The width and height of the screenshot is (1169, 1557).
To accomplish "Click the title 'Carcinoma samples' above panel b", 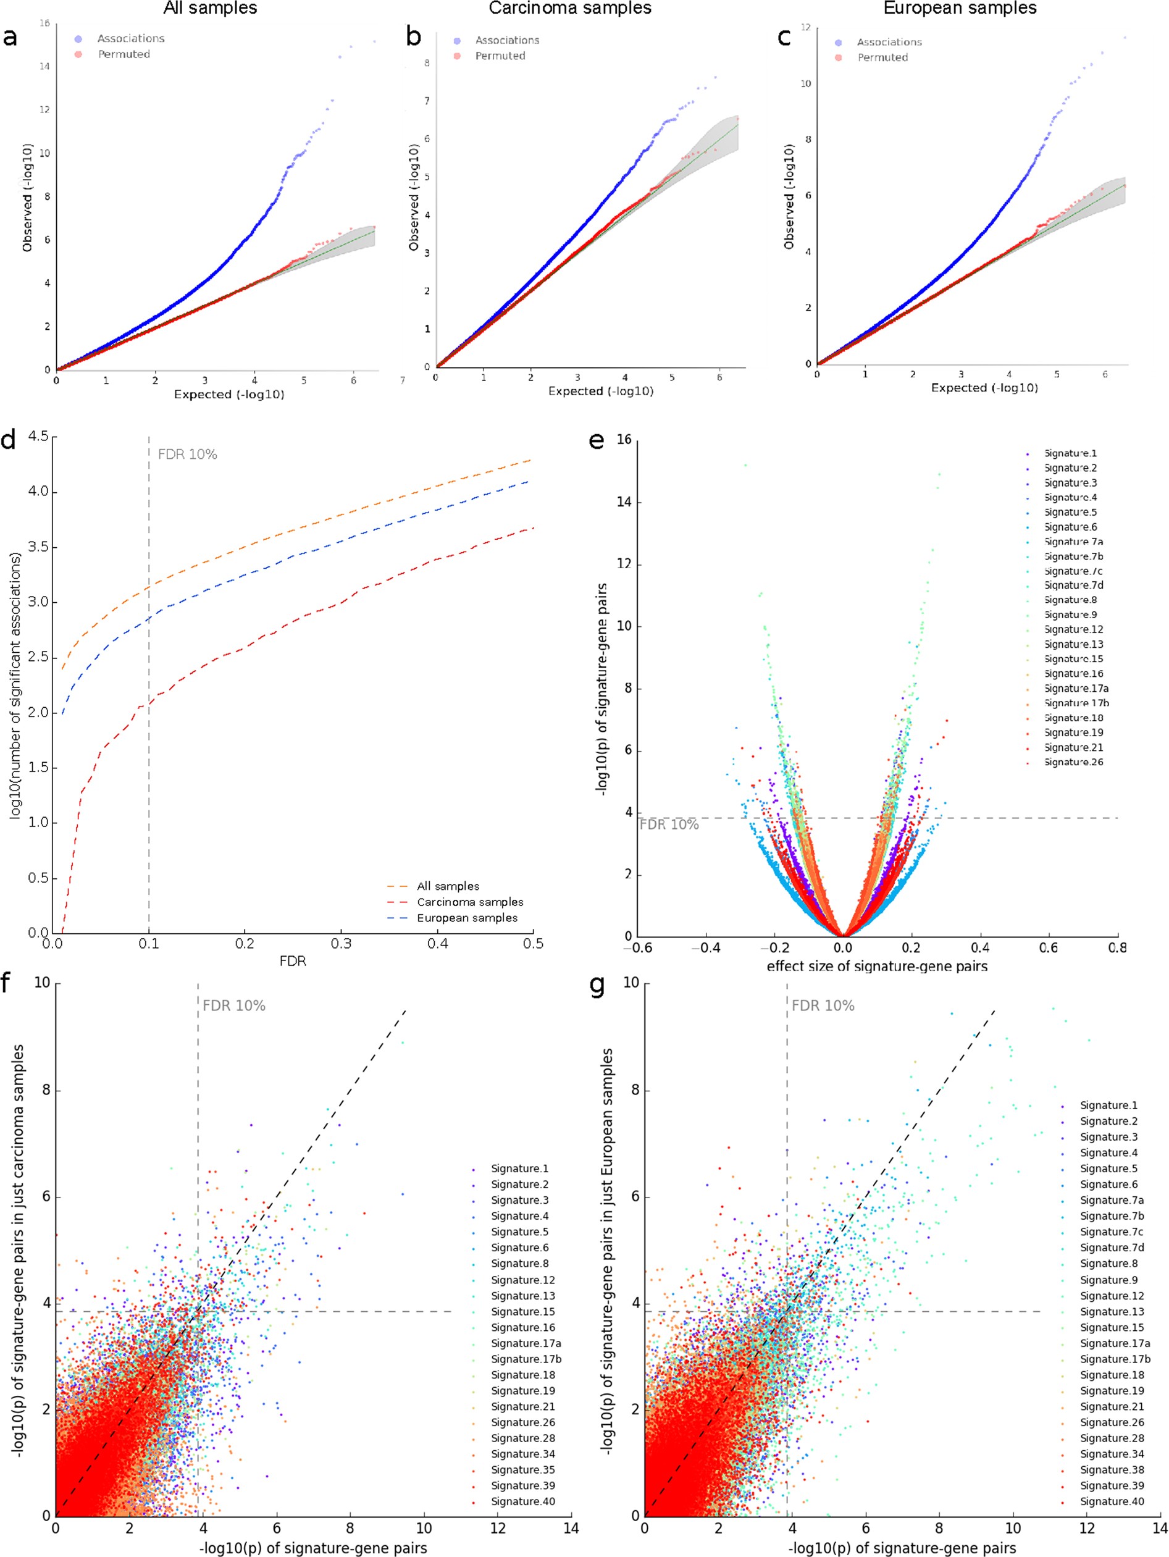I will point(570,9).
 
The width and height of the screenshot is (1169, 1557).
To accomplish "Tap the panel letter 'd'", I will point(9,442).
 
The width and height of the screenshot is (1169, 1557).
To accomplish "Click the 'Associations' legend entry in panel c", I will point(889,42).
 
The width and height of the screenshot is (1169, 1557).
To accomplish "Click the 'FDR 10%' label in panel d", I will point(187,455).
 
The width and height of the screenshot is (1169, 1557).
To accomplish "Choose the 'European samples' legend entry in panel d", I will point(467,918).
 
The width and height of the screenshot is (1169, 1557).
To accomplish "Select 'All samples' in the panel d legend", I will point(448,886).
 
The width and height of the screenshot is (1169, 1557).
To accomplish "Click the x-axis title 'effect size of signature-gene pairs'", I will point(877,967).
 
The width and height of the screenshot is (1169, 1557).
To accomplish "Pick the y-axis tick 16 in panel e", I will point(623,440).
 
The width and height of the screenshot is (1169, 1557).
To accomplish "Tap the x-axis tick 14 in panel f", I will point(571,1527).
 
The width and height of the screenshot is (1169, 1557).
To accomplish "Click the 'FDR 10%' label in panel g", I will point(823,1006).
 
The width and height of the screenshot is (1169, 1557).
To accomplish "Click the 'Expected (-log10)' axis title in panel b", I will point(600,392).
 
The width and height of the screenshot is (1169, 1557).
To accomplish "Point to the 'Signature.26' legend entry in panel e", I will point(1073,762).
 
